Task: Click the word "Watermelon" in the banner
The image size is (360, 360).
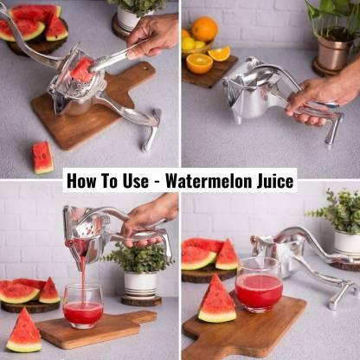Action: [x=209, y=182]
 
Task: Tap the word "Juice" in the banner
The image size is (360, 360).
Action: [x=273, y=182]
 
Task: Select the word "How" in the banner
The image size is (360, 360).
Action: [x=84, y=182]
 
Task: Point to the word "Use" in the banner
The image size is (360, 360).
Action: [x=138, y=182]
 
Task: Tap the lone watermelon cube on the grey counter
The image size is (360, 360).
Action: [x=42, y=157]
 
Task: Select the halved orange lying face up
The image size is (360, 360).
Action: [x=199, y=62]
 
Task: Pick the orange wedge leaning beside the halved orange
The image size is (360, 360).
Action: [x=220, y=54]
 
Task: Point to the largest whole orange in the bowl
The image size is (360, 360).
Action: [x=204, y=29]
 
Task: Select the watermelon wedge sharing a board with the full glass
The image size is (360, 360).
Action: [x=217, y=301]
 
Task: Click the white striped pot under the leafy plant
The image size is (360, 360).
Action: [x=140, y=285]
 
